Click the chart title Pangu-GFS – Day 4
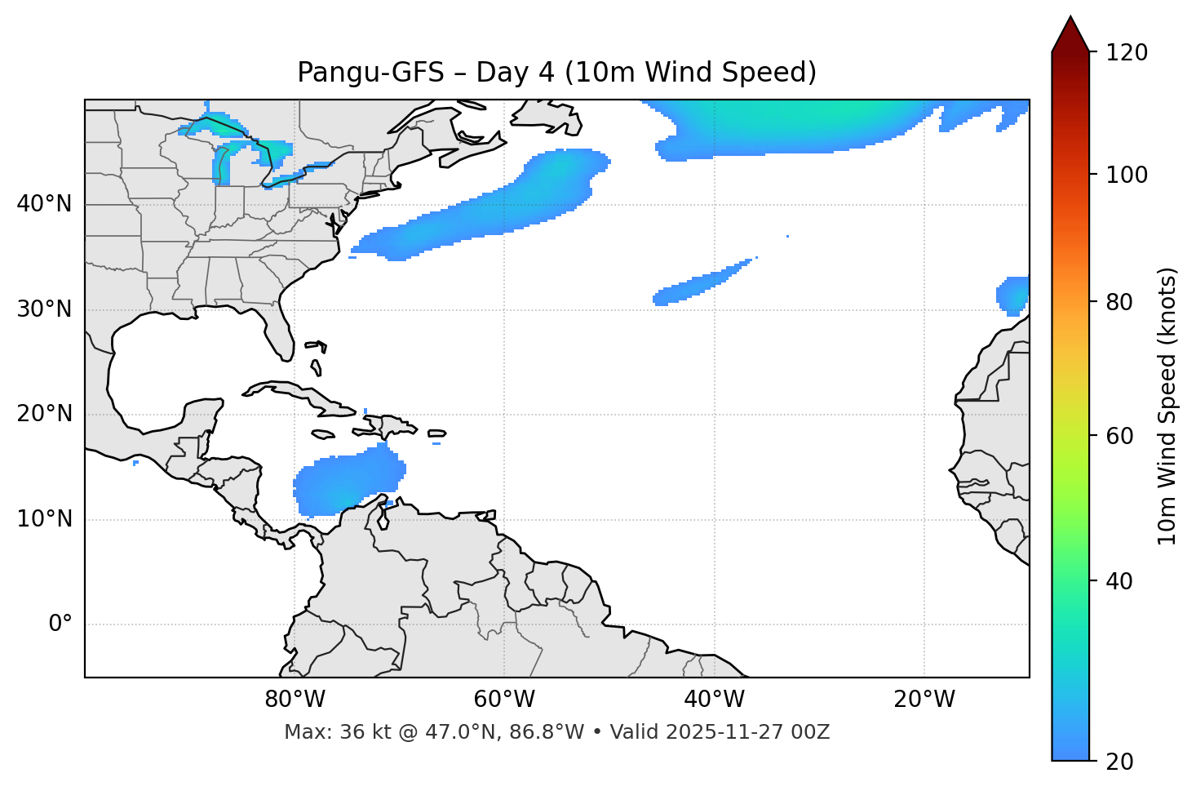(556, 73)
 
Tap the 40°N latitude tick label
(44, 204)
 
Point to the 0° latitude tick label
(60, 624)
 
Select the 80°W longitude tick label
(295, 700)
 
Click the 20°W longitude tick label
(924, 700)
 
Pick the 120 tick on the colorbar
(1127, 53)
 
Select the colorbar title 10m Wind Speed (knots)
(1167, 407)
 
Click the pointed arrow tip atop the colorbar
(1070, 20)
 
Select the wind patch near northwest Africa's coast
(1014, 295)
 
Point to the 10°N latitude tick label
(44, 519)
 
